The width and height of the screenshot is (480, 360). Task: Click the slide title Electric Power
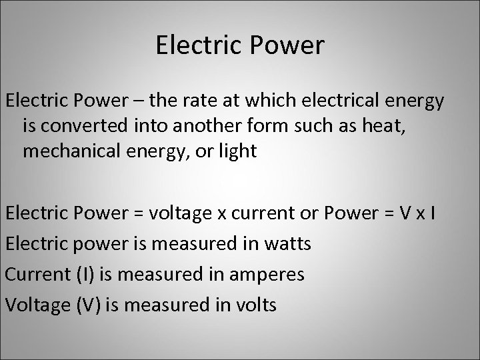tap(240, 45)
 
